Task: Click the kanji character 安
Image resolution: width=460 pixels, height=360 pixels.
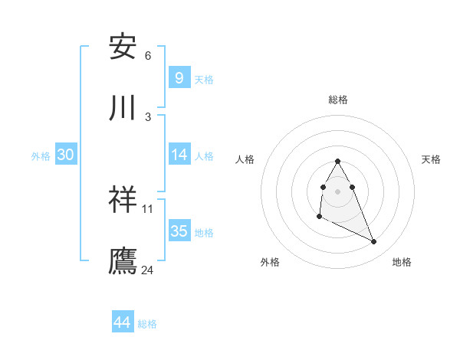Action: (123, 47)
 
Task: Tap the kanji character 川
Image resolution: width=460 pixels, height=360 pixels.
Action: (123, 109)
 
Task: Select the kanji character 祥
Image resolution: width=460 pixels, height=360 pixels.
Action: (123, 200)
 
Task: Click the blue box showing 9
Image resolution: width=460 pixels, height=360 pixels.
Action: (179, 77)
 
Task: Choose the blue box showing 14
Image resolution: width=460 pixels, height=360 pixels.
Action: (179, 155)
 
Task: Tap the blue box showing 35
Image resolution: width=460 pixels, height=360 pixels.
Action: (179, 231)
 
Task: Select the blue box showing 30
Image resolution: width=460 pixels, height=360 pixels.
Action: (65, 155)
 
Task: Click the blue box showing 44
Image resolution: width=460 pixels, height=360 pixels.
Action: (122, 322)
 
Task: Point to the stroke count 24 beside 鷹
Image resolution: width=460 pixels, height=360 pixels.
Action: (148, 270)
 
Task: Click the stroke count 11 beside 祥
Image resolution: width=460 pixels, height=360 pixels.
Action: (148, 208)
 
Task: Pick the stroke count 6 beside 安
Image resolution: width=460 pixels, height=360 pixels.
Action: (148, 55)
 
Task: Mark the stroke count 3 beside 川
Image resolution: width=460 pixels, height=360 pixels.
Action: (148, 116)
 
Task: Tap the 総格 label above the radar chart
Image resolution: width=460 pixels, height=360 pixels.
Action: (338, 100)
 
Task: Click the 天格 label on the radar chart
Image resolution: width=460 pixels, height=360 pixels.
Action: (432, 159)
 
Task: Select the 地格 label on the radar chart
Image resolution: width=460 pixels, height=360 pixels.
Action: (402, 262)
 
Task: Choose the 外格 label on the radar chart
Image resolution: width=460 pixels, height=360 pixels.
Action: (270, 262)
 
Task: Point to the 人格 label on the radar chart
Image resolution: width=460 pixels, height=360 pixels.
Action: (245, 159)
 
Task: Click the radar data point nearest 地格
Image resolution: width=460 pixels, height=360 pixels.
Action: (374, 242)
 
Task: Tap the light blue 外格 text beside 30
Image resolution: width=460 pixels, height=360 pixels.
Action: (41, 155)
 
